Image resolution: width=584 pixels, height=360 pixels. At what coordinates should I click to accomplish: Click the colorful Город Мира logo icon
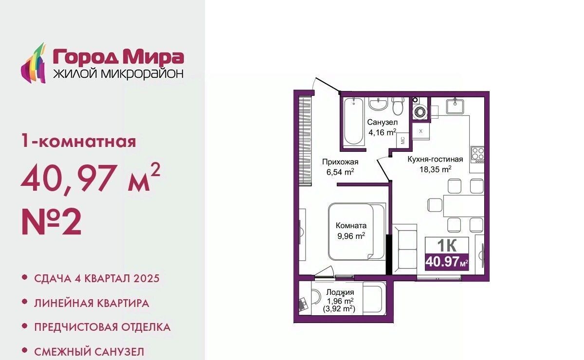pos(34,63)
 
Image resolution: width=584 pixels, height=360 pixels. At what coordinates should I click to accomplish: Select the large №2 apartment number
pos(52,222)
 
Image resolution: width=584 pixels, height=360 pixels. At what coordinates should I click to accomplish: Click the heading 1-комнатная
pos(79,141)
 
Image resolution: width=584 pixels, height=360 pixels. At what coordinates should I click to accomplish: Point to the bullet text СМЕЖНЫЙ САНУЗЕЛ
pos(89,352)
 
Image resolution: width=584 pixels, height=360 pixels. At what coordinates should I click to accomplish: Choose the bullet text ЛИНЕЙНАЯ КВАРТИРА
pos(92,303)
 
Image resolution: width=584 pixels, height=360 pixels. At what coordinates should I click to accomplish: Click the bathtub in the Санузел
pos(353,122)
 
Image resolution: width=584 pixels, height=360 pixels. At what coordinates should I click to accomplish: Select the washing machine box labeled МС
pos(402,141)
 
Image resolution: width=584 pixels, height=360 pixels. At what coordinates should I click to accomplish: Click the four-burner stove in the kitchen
pos(477,155)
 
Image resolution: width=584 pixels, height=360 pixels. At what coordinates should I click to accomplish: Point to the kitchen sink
pos(455,106)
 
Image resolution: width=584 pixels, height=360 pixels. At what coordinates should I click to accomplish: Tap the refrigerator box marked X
pos(420,131)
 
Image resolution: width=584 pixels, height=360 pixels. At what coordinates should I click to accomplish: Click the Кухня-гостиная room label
pos(435,159)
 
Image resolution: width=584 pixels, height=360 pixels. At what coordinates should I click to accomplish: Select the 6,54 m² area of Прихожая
pos(340,172)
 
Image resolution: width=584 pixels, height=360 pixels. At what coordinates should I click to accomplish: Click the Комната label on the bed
pos(351,226)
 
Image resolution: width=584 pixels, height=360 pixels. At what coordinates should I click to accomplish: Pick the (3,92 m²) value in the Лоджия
pos(339,309)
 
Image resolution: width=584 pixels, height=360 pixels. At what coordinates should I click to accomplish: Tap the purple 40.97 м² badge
pos(447,262)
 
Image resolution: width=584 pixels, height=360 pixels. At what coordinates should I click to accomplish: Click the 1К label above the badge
pos(447,245)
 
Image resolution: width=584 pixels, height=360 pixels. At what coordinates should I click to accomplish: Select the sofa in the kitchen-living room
pos(404,249)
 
